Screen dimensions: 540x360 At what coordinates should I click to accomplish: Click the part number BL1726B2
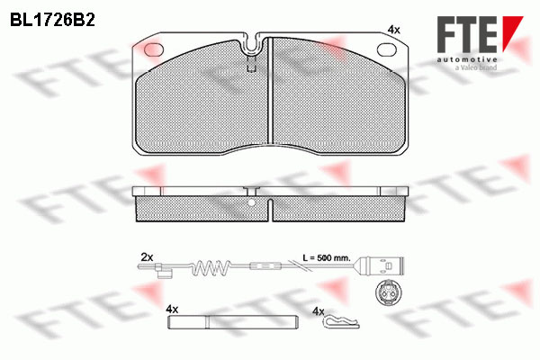pyautogui.click(x=52, y=20)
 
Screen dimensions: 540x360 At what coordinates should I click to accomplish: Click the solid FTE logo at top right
pyautogui.click(x=480, y=34)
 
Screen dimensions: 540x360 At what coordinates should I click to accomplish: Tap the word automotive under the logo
pyautogui.click(x=467, y=59)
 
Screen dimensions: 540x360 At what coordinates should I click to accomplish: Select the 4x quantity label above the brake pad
pyautogui.click(x=393, y=30)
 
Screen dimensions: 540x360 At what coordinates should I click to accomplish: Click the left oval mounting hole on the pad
pyautogui.click(x=153, y=49)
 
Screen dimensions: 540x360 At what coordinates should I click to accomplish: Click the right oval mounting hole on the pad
pyautogui.click(x=387, y=49)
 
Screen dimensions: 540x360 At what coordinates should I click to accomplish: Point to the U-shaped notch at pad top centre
pyautogui.click(x=253, y=44)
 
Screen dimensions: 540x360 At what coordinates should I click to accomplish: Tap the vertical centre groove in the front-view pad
pyautogui.click(x=270, y=91)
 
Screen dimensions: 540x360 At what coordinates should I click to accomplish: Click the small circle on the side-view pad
pyautogui.click(x=252, y=202)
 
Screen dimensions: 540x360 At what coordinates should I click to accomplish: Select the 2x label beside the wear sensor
pyautogui.click(x=147, y=257)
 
